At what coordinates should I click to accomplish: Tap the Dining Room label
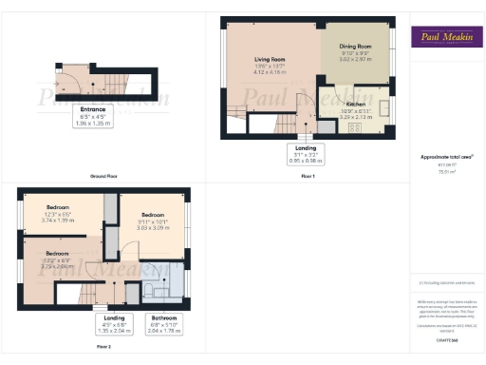349,47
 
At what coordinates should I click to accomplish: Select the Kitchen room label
356,104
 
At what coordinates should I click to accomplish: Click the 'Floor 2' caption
103,347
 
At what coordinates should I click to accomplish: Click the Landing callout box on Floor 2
112,325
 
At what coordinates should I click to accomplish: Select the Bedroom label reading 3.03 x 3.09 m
151,221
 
